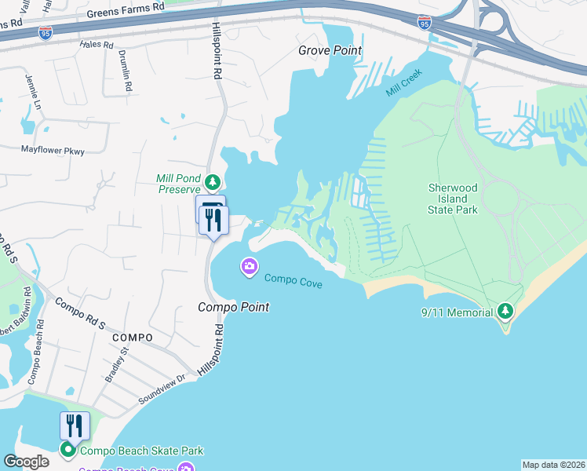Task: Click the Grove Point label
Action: pos(330,50)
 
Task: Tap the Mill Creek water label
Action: pos(404,82)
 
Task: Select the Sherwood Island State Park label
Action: pos(452,199)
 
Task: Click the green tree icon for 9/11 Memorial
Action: pos(506,312)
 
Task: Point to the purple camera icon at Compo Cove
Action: pos(250,268)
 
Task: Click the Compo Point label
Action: pos(233,307)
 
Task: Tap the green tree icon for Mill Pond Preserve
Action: pos(212,183)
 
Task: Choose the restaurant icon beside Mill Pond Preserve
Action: pos(212,220)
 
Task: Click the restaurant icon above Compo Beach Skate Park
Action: pos(75,426)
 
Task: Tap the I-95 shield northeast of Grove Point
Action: pos(424,23)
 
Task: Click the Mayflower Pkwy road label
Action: pos(52,149)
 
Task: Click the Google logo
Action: pos(26,462)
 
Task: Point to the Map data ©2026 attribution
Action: pos(552,465)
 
